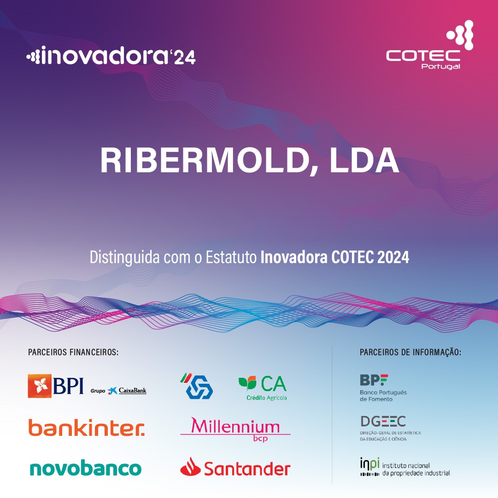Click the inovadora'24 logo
coord(111,56)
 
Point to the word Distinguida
coord(124,257)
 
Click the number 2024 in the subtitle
coord(393,257)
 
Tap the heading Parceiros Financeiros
coord(73,352)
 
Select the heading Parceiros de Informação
coord(410,352)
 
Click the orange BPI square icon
coord(39,386)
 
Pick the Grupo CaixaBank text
coord(118,391)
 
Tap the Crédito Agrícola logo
coord(263,388)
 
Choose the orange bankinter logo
coord(87,428)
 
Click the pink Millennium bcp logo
coord(235,429)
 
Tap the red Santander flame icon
coord(190,467)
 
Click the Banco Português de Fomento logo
coord(383,388)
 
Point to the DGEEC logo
coord(390,428)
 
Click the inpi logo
coord(405,467)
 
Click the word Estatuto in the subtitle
coord(231,257)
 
